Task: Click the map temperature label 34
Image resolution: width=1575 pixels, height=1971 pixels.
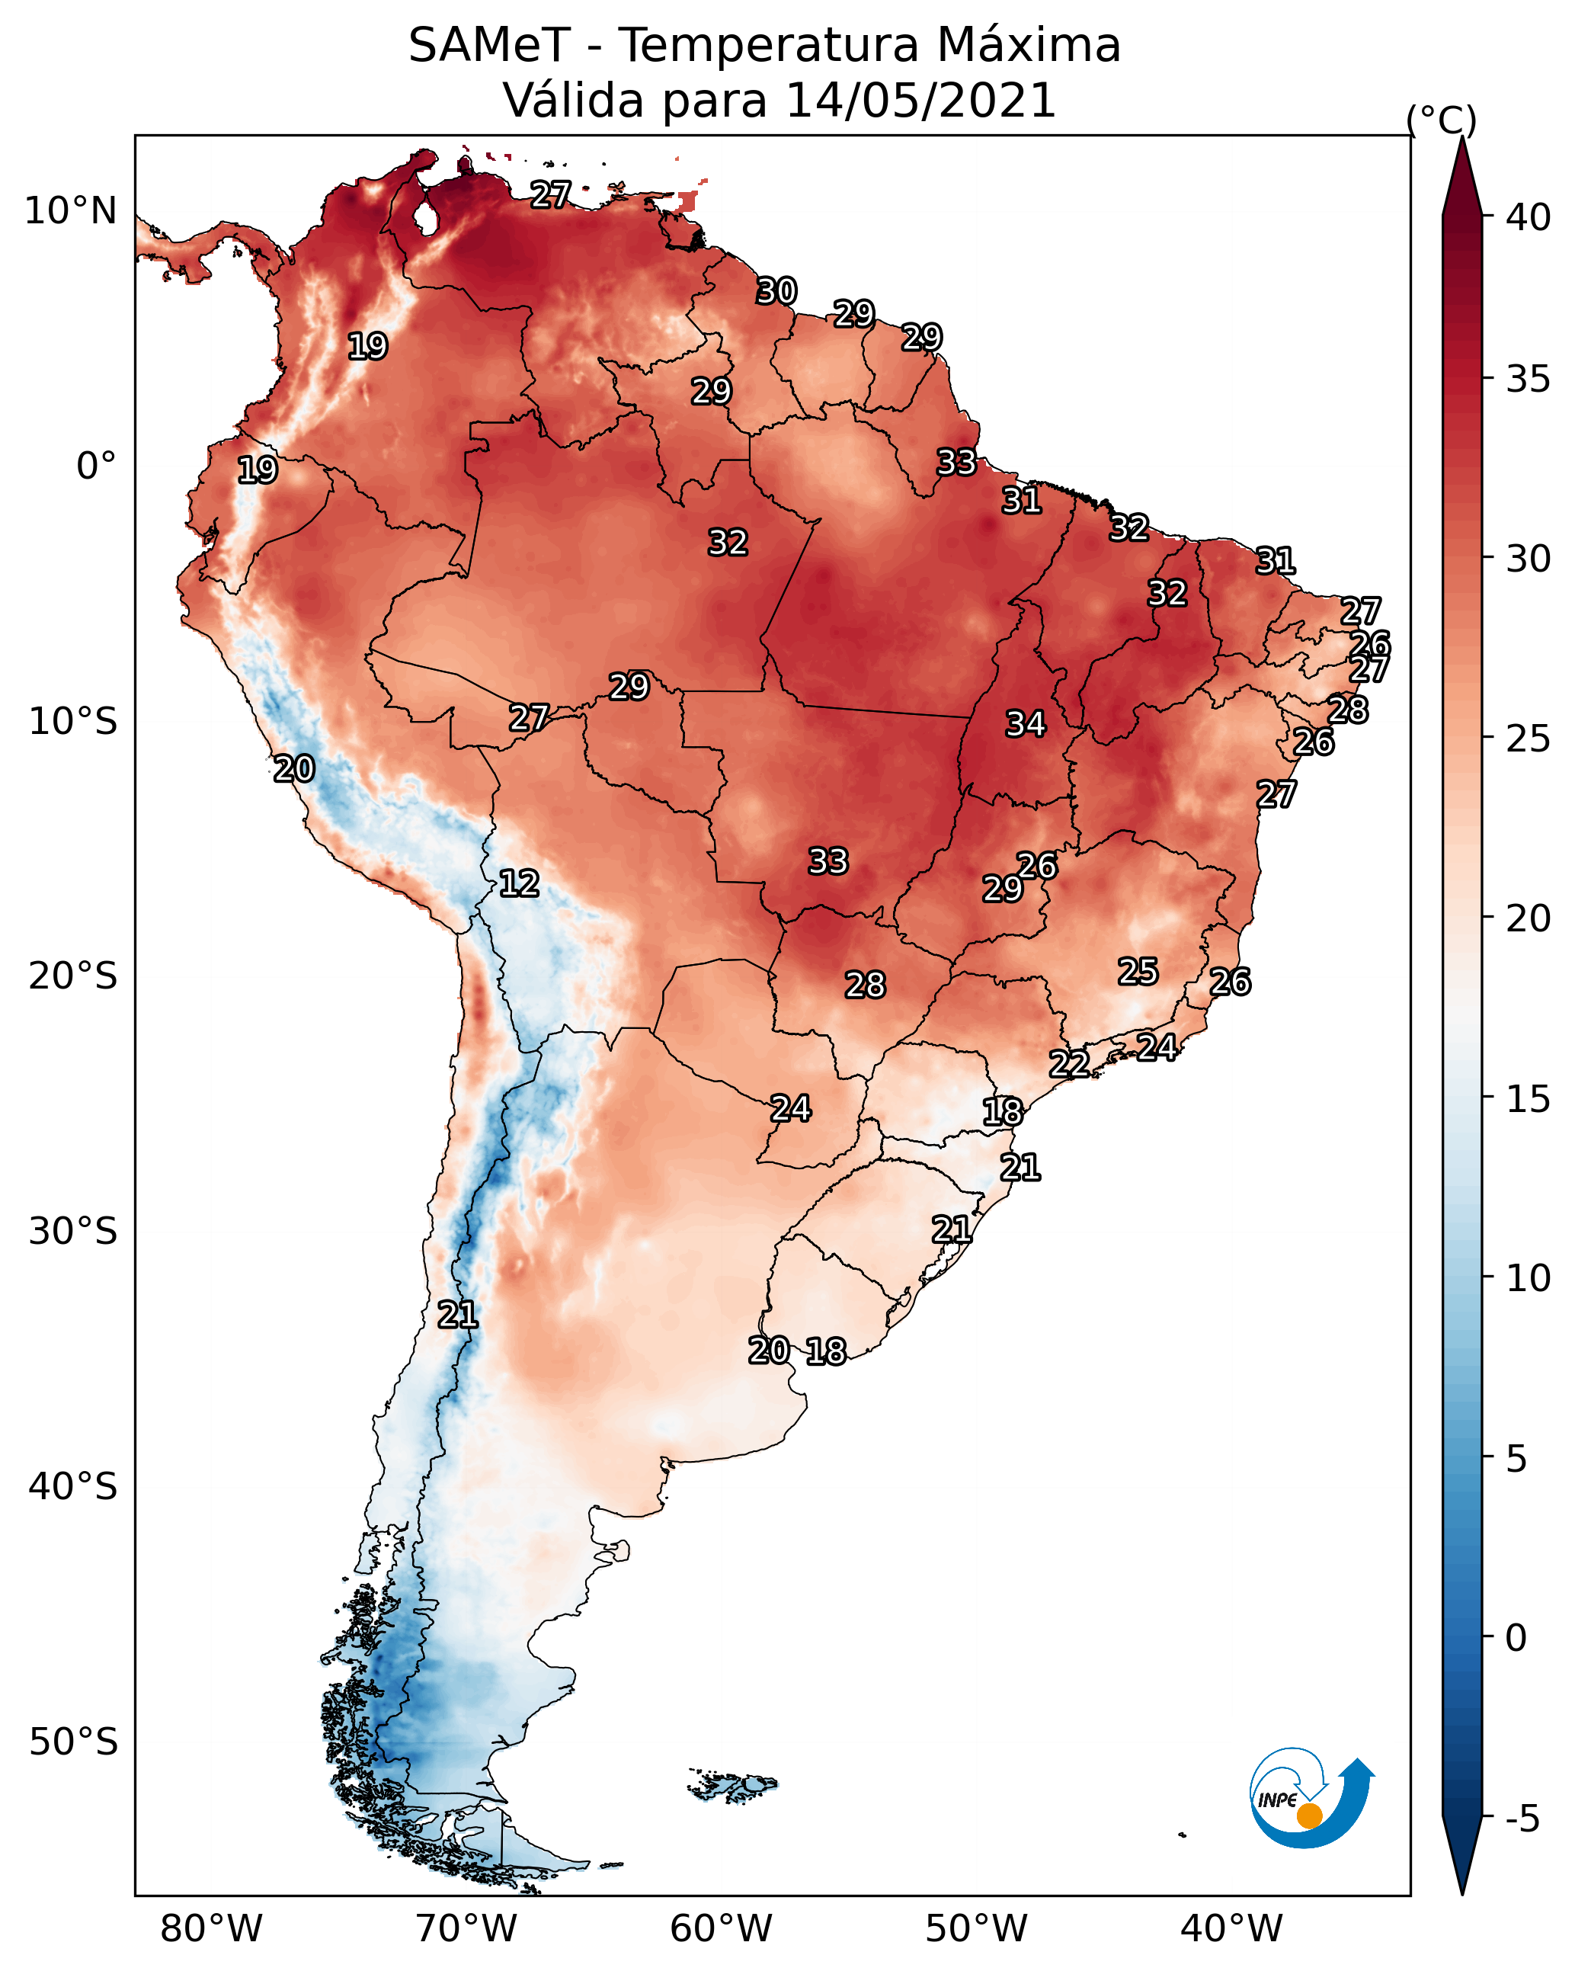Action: tap(1025, 724)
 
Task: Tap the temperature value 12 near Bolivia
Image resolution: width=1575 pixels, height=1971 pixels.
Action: tap(519, 883)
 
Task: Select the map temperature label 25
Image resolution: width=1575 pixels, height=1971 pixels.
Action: tap(1138, 971)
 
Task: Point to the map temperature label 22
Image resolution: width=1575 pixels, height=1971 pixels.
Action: tap(1068, 1063)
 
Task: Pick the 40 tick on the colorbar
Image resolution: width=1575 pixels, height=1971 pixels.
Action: tap(1528, 217)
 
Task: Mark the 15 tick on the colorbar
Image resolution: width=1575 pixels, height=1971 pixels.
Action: tap(1528, 1099)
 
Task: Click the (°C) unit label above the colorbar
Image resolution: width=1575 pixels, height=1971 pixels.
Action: tap(1441, 120)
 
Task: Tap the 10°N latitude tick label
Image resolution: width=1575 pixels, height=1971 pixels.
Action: tap(70, 211)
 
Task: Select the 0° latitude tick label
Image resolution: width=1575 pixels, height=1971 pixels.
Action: tap(96, 466)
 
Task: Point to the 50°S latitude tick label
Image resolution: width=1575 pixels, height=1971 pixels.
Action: tap(73, 1742)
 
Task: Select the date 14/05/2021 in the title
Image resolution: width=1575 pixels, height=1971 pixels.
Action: tap(920, 101)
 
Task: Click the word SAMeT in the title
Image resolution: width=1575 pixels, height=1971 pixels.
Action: tap(489, 46)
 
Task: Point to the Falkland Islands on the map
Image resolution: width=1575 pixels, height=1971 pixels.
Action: tap(733, 1786)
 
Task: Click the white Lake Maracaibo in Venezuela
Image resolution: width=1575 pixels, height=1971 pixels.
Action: tap(424, 217)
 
